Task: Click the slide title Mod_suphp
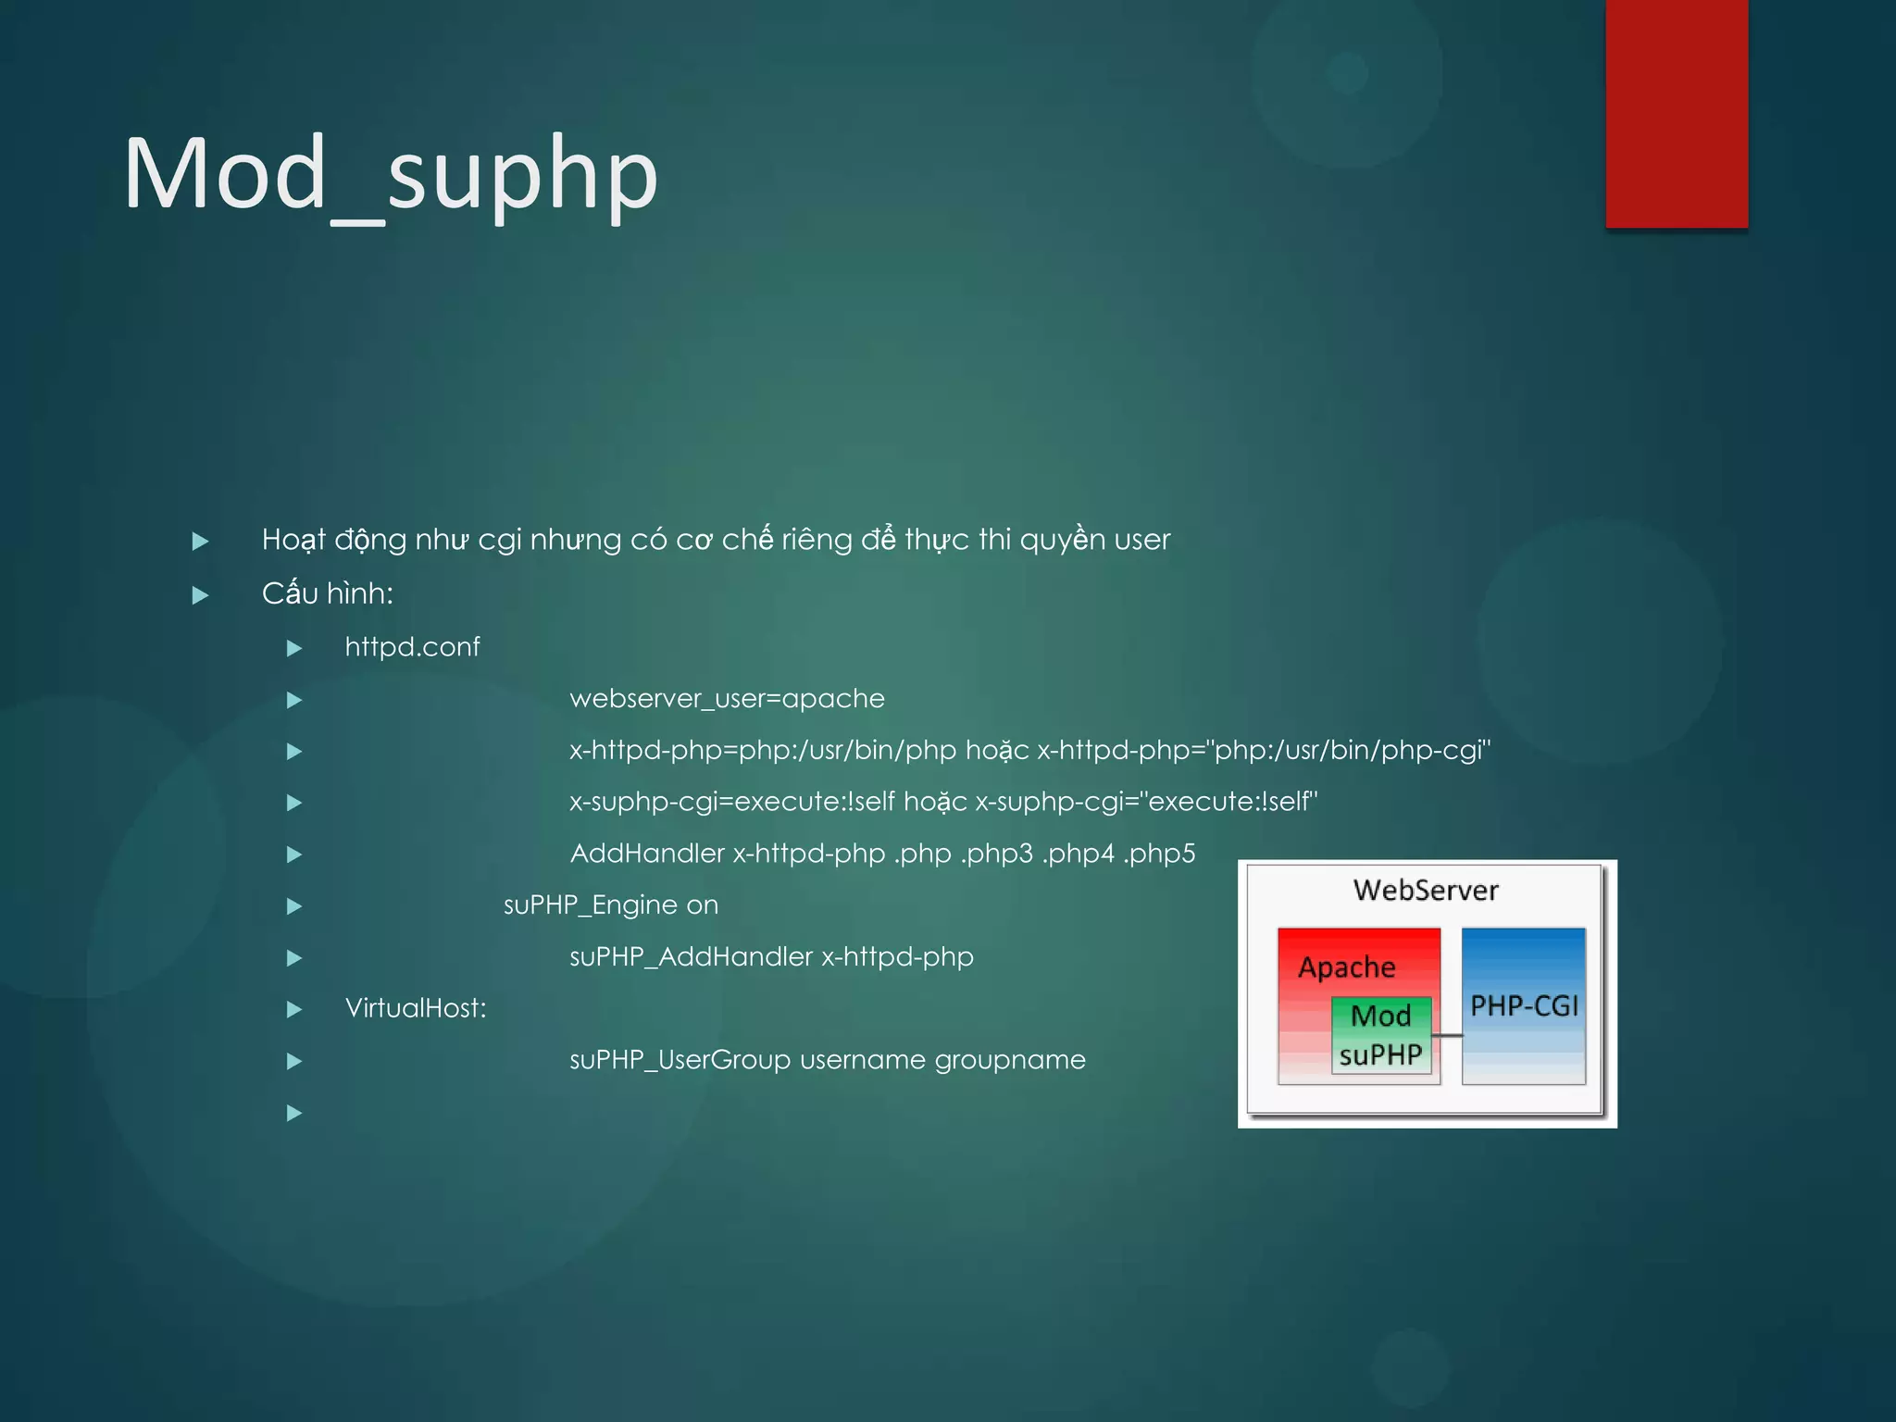tap(391, 175)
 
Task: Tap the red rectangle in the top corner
tap(1677, 113)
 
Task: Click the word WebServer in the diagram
tap(1426, 891)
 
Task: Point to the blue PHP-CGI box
tap(1524, 1005)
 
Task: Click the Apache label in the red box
tap(1346, 967)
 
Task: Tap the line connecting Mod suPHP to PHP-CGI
tap(1447, 1035)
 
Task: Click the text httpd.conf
tap(412, 647)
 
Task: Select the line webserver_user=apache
tap(727, 699)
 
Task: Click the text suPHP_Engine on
tap(610, 905)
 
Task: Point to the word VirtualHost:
tap(416, 1008)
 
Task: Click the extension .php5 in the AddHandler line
tap(1159, 854)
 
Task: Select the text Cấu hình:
tap(328, 594)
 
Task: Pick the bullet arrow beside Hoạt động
tap(200, 542)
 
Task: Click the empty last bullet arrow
tap(294, 1113)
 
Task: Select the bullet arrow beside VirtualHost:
tap(294, 1009)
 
